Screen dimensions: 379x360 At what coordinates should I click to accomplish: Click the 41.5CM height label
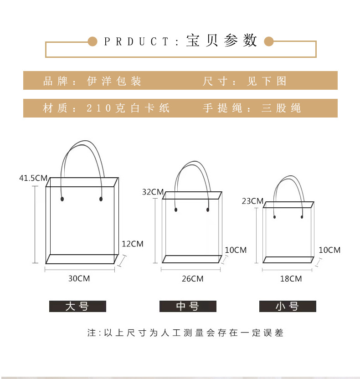coord(33,178)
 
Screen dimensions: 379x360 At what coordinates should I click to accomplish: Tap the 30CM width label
coord(79,278)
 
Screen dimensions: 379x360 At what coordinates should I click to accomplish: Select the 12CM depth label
coord(132,244)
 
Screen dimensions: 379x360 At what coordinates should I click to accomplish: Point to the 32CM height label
coord(153,192)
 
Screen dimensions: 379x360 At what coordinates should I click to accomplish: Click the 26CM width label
coord(192,278)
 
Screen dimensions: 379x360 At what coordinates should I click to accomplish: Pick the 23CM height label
coord(253,201)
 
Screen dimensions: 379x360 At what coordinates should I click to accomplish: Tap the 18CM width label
coord(291,278)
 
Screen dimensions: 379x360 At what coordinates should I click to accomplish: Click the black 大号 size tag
coord(77,306)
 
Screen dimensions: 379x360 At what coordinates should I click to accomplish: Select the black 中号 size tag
coord(188,306)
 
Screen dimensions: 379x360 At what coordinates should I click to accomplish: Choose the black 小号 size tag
coord(288,306)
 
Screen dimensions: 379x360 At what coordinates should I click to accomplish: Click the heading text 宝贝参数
coord(222,41)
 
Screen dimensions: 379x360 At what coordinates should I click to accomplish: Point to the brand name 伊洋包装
coord(114,81)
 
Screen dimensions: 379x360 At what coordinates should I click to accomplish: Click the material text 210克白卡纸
coord(128,108)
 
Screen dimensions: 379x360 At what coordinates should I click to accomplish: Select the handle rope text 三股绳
coord(281,108)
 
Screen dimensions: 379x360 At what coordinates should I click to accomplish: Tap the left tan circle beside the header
coord(93,42)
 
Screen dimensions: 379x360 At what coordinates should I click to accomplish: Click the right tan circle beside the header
coord(268,42)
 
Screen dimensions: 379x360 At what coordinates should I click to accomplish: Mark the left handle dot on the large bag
coord(62,199)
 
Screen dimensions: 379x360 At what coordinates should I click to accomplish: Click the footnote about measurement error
coord(185,333)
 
